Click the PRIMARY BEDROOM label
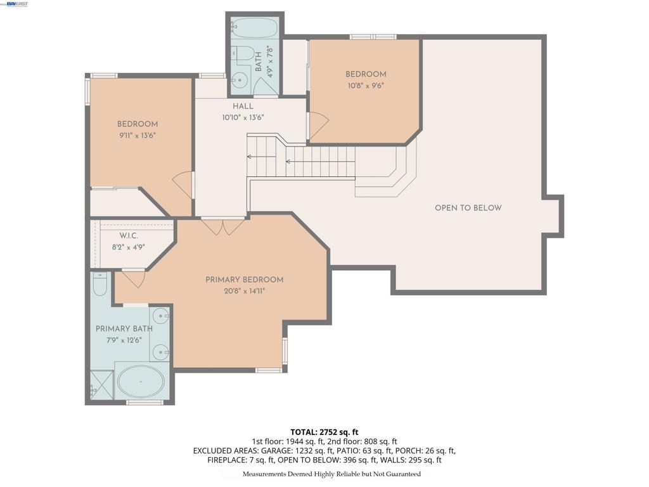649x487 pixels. coord(244,280)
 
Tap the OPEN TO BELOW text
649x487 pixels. coord(468,208)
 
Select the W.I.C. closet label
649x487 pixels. coord(129,236)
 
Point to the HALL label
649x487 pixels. coord(243,106)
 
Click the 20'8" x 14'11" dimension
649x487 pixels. coord(244,291)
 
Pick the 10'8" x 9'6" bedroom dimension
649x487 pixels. coord(366,86)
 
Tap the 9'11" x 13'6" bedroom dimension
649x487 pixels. coord(138,135)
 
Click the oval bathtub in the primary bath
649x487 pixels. coord(141,381)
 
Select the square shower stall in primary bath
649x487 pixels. coord(101,386)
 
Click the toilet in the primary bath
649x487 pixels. coord(100,283)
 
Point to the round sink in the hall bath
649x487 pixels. coord(239,79)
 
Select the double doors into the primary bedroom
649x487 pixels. coord(223,226)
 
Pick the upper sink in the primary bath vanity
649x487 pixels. coord(160,316)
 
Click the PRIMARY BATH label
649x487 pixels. coord(124,329)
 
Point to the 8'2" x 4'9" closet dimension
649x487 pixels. coord(129,248)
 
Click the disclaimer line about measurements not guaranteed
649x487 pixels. coord(331,474)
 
